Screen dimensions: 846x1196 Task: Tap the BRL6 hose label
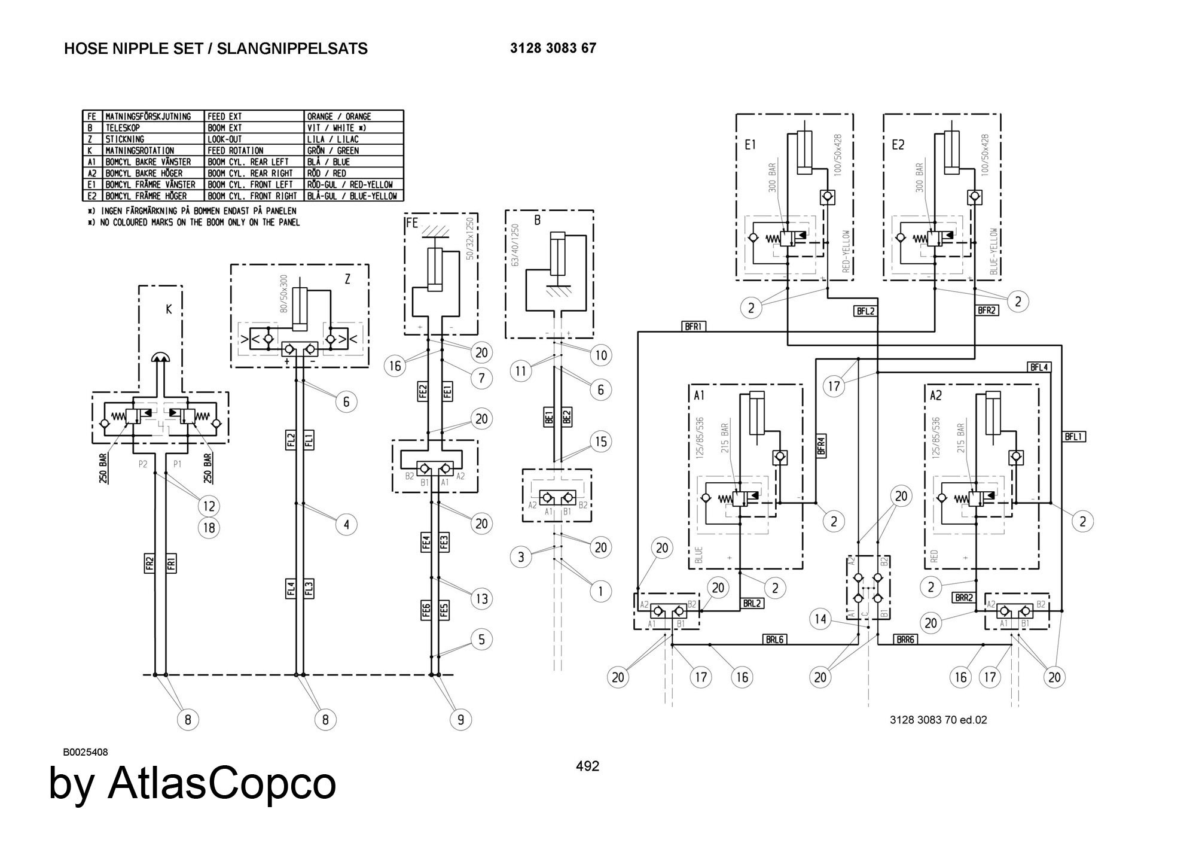774,639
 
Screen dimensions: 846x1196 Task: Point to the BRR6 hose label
905,639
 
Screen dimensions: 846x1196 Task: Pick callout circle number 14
820,619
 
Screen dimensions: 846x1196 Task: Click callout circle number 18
209,528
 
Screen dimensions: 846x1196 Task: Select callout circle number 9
460,719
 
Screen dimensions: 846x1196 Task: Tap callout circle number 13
481,598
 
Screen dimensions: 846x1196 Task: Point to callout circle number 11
521,371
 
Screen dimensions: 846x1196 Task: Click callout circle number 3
521,557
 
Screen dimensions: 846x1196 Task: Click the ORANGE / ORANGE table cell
338,116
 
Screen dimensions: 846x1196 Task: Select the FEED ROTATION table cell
235,150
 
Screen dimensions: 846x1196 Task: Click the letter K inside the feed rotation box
169,309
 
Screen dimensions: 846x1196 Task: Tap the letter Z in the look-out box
347,279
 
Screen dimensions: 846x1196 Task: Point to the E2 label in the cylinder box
898,145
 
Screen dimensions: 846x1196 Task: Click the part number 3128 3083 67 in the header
553,48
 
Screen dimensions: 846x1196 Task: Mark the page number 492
587,766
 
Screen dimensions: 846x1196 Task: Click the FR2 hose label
150,564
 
